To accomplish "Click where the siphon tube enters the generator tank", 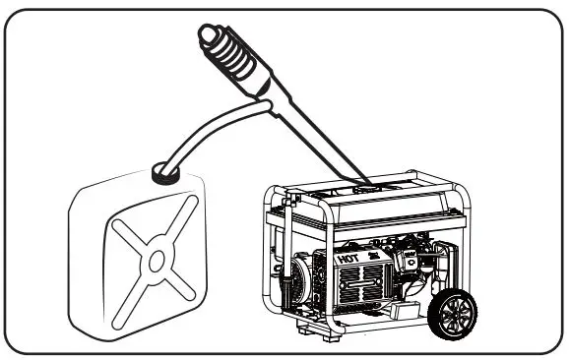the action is point(365,183).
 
